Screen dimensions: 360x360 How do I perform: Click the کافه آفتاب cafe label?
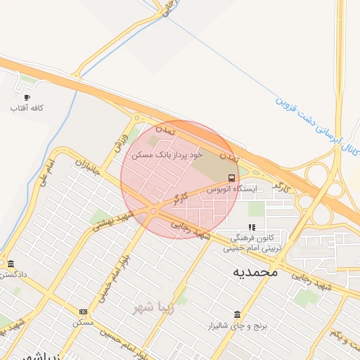pyautogui.click(x=27, y=108)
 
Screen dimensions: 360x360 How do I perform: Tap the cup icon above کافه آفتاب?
pyautogui.click(x=27, y=97)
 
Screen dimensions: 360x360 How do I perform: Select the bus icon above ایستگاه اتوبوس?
pyautogui.click(x=232, y=178)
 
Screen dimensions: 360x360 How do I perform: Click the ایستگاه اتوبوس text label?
pyautogui.click(x=232, y=189)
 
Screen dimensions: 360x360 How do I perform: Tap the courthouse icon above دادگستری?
pyautogui.click(x=11, y=264)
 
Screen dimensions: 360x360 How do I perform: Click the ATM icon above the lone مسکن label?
pyautogui.click(x=84, y=311)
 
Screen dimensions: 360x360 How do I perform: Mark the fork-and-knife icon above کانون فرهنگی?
pyautogui.click(x=252, y=228)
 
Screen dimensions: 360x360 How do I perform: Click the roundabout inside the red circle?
pyautogui.click(x=153, y=211)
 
